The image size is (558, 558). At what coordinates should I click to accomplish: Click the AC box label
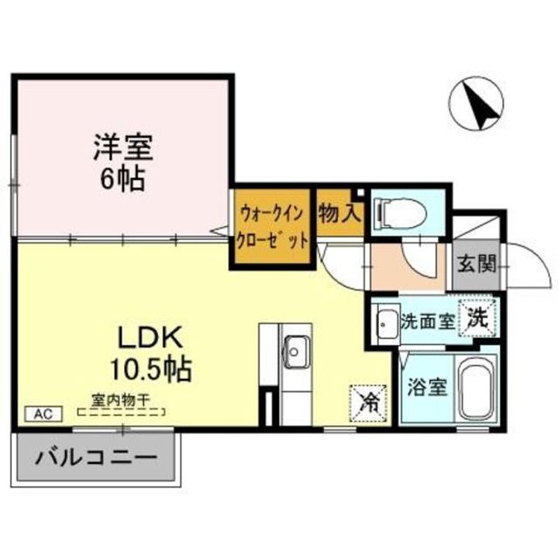point(43,414)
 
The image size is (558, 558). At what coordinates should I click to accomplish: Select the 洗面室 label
point(427,320)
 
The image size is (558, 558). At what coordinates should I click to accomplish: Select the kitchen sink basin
point(295,353)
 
